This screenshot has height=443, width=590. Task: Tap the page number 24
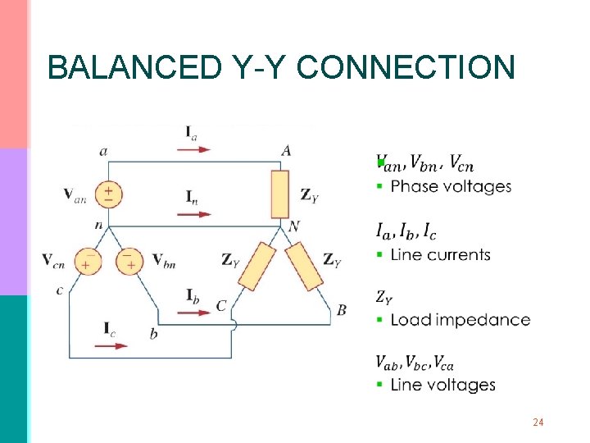(x=538, y=422)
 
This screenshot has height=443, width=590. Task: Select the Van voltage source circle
(x=108, y=194)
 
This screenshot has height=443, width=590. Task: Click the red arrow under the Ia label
(x=193, y=149)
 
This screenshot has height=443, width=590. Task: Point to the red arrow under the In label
(x=193, y=214)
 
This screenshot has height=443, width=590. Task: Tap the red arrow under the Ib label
(x=193, y=312)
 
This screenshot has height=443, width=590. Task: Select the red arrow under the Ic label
(x=111, y=345)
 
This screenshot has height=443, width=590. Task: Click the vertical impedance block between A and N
(x=280, y=194)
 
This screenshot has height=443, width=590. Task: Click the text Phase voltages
(x=451, y=187)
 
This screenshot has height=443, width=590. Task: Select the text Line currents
(x=440, y=254)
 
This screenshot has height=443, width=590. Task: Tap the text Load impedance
(x=460, y=320)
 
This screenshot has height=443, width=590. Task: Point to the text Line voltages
(x=442, y=385)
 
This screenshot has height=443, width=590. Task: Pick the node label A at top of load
(x=286, y=150)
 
